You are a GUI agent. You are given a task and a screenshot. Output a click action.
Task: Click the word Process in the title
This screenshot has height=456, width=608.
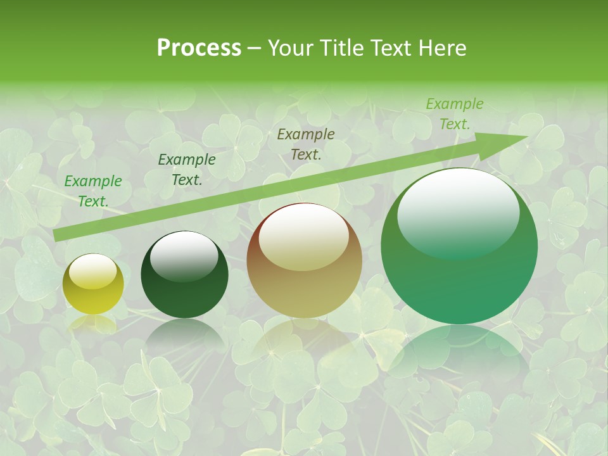coord(199,48)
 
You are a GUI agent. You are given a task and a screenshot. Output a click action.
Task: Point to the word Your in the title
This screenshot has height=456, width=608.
coord(290,48)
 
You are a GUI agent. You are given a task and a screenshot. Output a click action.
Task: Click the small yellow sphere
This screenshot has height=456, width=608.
coord(94,284)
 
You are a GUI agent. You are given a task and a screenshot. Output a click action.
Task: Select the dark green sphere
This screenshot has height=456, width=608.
coord(184,275)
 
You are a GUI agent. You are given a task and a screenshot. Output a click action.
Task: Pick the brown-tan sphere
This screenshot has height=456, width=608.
coord(305,260)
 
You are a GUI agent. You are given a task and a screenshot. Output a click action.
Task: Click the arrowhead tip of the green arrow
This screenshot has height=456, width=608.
coord(527,137)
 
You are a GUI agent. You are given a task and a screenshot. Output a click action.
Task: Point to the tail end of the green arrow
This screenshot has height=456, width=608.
coord(56,236)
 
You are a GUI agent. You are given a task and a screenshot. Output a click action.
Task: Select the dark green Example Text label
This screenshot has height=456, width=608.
coord(187,170)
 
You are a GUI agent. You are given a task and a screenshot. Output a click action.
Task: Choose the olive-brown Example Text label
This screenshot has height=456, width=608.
coord(306,144)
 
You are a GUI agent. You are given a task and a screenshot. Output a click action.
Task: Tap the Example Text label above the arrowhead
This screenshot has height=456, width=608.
coord(454,114)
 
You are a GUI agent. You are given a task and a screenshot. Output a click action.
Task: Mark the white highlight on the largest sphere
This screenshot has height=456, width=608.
coord(458,213)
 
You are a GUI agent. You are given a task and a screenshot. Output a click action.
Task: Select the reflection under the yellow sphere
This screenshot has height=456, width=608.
coord(93,324)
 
